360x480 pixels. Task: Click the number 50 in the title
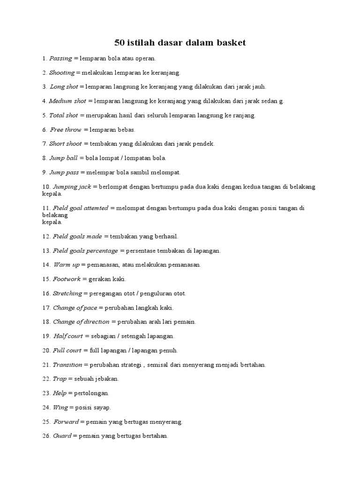pyautogui.click(x=120, y=43)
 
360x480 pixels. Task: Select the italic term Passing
pyautogui.click(x=60, y=59)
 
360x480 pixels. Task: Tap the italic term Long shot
pyautogui.click(x=64, y=87)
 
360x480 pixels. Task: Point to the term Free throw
pyautogui.click(x=66, y=129)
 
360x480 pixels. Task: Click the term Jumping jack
pyautogui.click(x=72, y=187)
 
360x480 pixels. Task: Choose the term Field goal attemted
pyautogui.click(x=80, y=208)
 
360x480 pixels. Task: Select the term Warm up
pyautogui.click(x=66, y=265)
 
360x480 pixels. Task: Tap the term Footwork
pyautogui.click(x=67, y=279)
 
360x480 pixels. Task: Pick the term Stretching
pyautogui.click(x=67, y=293)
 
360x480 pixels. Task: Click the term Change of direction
pyautogui.click(x=81, y=322)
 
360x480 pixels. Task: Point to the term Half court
pyautogui.click(x=67, y=336)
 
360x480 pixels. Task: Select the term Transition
pyautogui.click(x=67, y=365)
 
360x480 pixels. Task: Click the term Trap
pyautogui.click(x=60, y=379)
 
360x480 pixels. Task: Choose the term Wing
pyautogui.click(x=60, y=407)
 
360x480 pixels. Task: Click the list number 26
pyautogui.click(x=45, y=436)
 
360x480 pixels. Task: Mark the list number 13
pyautogui.click(x=45, y=251)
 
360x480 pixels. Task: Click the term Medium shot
pyautogui.click(x=67, y=101)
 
